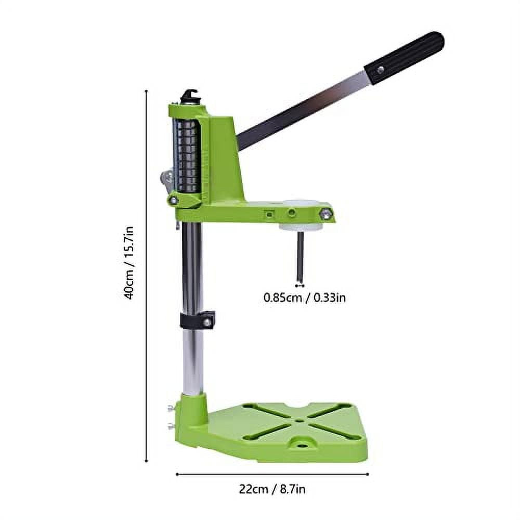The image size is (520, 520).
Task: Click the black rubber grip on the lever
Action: pos(405,57)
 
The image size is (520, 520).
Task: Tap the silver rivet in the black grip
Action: pos(381,69)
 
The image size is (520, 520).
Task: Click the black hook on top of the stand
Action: pos(190,97)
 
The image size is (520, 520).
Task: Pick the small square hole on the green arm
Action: pos(269,213)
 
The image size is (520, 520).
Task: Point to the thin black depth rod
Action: pos(300,257)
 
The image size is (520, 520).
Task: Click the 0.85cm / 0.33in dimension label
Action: pos(305,298)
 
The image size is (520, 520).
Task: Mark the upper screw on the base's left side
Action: pos(170,409)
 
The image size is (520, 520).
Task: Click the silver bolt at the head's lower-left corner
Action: pos(174,200)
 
